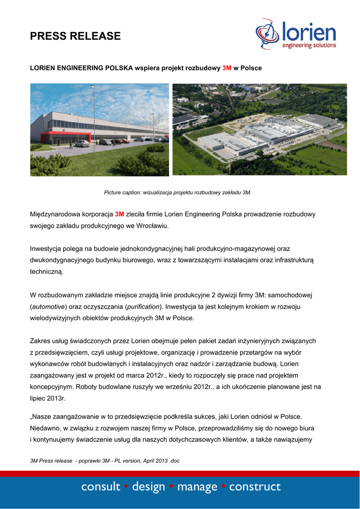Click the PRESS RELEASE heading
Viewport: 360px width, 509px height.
coord(75,36)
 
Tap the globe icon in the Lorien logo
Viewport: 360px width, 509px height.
coord(268,33)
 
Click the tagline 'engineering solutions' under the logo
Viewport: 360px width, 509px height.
coord(309,46)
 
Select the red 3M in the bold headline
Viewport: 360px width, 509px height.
coord(227,67)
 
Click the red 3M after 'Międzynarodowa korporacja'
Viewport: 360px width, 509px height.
coord(119,215)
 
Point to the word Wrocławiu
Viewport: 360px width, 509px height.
coord(151,226)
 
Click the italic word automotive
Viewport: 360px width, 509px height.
coord(48,307)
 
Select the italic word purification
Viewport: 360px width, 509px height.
coord(143,307)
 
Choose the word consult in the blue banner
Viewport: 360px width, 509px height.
coord(101,487)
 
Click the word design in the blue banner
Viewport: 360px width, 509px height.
coord(149,487)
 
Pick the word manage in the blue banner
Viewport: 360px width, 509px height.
coord(197,487)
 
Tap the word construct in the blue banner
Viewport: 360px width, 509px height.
coord(255,487)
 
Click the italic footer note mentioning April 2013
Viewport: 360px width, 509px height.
coord(104,461)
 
